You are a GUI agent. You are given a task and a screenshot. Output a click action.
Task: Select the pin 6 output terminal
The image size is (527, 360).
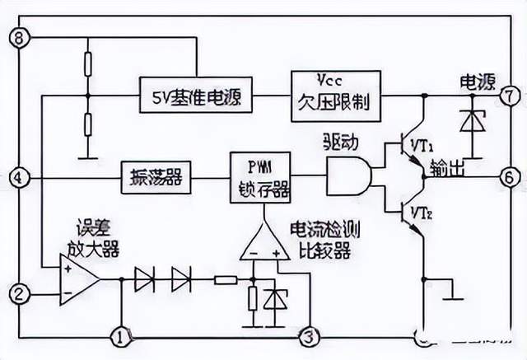point(509,175)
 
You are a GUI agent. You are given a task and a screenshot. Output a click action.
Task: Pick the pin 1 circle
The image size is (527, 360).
point(121,335)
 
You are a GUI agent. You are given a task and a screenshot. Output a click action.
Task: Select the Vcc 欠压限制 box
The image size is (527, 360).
point(335,96)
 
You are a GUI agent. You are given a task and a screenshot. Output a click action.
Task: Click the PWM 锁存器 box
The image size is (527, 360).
point(261,176)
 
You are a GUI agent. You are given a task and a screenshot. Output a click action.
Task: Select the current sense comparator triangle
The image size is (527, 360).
point(265,244)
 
